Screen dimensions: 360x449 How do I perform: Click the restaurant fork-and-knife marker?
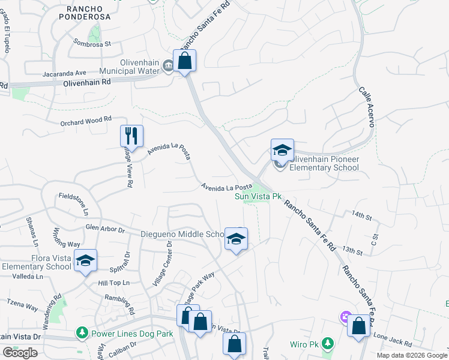(x=131, y=136)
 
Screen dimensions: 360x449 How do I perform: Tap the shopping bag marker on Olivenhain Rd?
(x=184, y=60)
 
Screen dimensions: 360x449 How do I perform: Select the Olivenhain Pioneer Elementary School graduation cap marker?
(x=282, y=150)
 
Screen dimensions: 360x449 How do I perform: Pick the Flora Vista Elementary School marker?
(x=86, y=260)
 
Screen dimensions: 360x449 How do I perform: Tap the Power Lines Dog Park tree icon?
(x=82, y=332)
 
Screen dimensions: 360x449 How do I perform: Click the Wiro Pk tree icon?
(x=327, y=344)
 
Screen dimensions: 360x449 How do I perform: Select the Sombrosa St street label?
(x=92, y=43)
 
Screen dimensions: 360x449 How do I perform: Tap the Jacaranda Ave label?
(x=65, y=74)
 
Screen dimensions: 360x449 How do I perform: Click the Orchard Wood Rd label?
(x=86, y=119)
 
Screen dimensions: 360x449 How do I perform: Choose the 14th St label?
(x=362, y=214)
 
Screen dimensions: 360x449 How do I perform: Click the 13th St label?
(x=353, y=251)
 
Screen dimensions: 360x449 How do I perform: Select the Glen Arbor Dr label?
(x=104, y=229)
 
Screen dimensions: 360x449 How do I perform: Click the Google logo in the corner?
(x=20, y=353)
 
